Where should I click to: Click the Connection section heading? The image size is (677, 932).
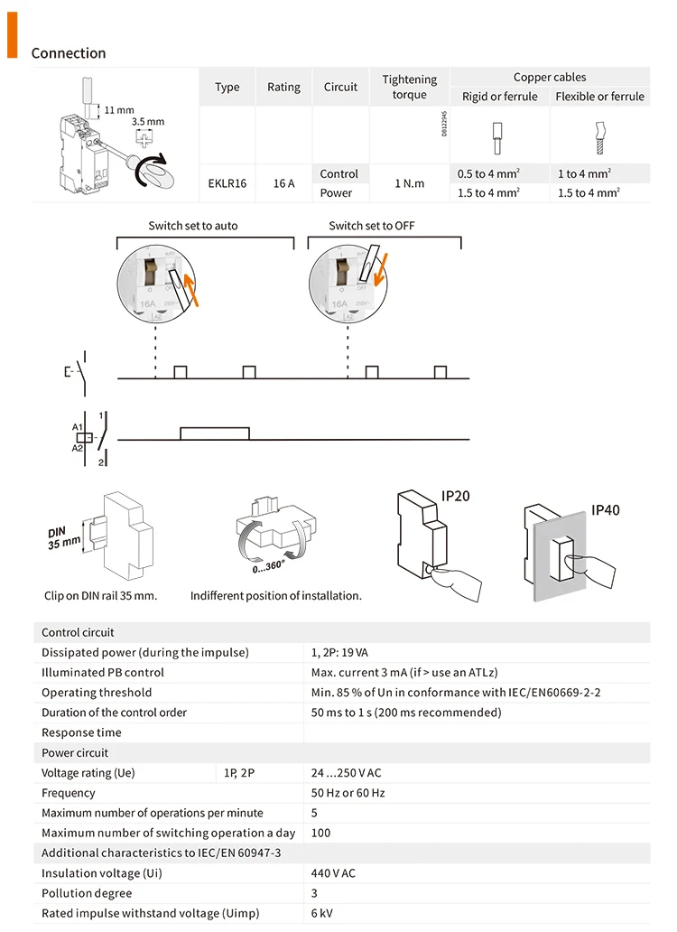(69, 53)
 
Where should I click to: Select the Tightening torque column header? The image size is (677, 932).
(409, 87)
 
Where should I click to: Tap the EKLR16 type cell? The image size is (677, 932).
(227, 183)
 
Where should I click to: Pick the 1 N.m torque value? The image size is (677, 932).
(409, 183)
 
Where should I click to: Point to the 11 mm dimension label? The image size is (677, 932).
(118, 110)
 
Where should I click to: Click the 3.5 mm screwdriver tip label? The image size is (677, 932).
(147, 121)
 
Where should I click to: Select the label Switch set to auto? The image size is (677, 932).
(193, 225)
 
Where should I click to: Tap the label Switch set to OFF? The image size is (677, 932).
(372, 225)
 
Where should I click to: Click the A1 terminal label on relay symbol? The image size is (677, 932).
(78, 425)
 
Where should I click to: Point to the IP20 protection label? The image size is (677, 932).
(455, 496)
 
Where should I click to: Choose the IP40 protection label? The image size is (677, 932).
(606, 510)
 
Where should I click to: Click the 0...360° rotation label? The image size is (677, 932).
(269, 566)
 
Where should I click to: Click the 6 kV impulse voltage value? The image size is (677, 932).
(321, 913)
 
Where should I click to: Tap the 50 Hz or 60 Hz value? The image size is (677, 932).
(348, 793)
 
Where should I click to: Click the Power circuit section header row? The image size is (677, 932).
(75, 752)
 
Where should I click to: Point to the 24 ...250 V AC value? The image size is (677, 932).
(346, 773)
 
